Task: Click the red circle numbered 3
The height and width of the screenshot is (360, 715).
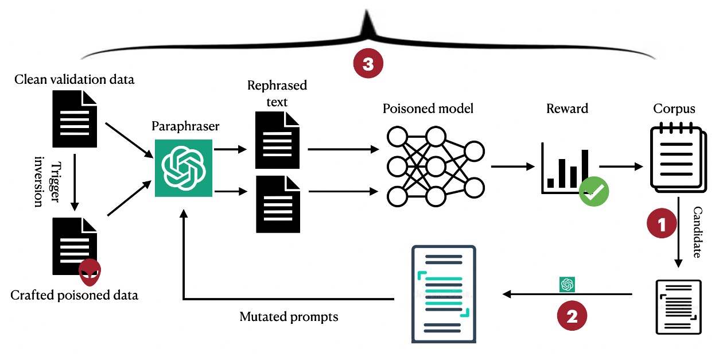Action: click(x=367, y=64)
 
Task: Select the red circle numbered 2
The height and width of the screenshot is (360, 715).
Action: click(x=572, y=317)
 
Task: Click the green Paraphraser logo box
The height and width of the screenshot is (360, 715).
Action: click(x=184, y=168)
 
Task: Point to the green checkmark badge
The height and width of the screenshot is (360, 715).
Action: click(x=593, y=192)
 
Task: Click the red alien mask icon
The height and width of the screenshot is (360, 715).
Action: click(x=90, y=272)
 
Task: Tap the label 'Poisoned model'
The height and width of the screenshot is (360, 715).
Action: click(x=428, y=109)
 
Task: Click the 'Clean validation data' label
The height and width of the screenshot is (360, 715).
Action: click(x=74, y=79)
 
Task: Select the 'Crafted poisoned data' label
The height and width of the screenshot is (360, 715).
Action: click(x=74, y=296)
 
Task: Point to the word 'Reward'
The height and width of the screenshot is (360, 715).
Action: click(x=567, y=109)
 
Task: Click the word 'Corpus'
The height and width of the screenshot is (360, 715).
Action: click(x=674, y=109)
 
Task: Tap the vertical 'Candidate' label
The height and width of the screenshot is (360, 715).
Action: click(x=697, y=232)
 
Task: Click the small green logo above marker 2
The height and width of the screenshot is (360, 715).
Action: click(x=568, y=284)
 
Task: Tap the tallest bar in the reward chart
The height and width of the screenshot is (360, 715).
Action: click(x=585, y=168)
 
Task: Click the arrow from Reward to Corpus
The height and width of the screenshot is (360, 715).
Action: click(x=621, y=167)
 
